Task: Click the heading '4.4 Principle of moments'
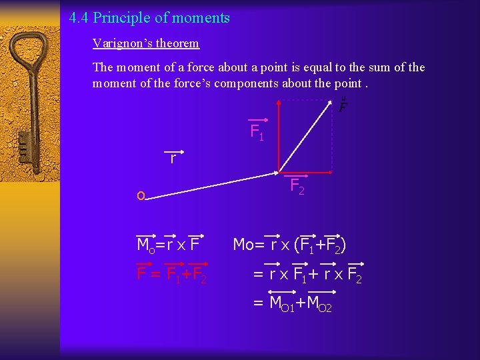tap(149, 18)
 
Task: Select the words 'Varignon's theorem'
tap(146, 44)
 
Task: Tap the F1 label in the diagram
tap(257, 132)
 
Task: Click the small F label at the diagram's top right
tap(343, 106)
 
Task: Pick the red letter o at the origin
tap(140, 196)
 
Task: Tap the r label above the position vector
tap(173, 159)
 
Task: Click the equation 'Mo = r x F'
tap(169, 245)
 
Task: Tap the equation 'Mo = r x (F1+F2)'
tap(289, 245)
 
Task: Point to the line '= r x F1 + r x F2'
tap(307, 274)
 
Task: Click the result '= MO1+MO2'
tap(292, 303)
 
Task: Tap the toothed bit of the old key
tap(25, 143)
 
